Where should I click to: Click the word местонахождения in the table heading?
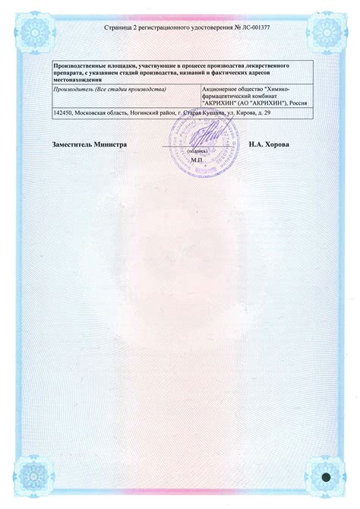(77, 81)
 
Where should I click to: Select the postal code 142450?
(62, 114)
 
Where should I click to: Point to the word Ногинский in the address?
(155, 114)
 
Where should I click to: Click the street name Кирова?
(262, 114)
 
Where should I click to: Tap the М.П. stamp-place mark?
(198, 160)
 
